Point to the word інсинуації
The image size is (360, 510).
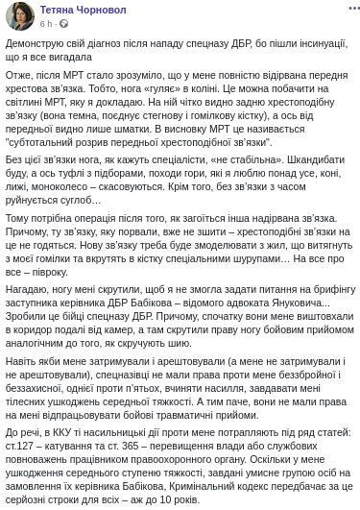pos(308,44)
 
